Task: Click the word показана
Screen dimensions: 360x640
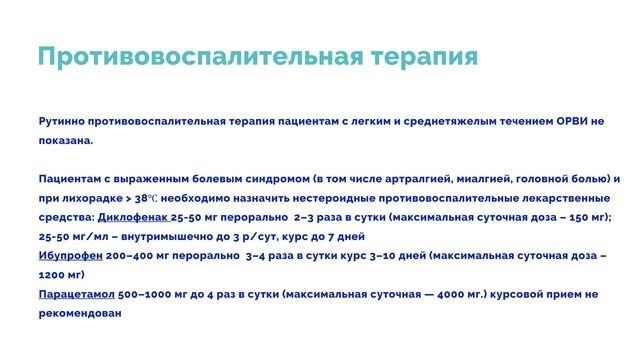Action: (65, 140)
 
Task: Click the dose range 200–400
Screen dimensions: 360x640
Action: (131, 254)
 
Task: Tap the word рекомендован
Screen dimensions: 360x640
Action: (79, 312)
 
